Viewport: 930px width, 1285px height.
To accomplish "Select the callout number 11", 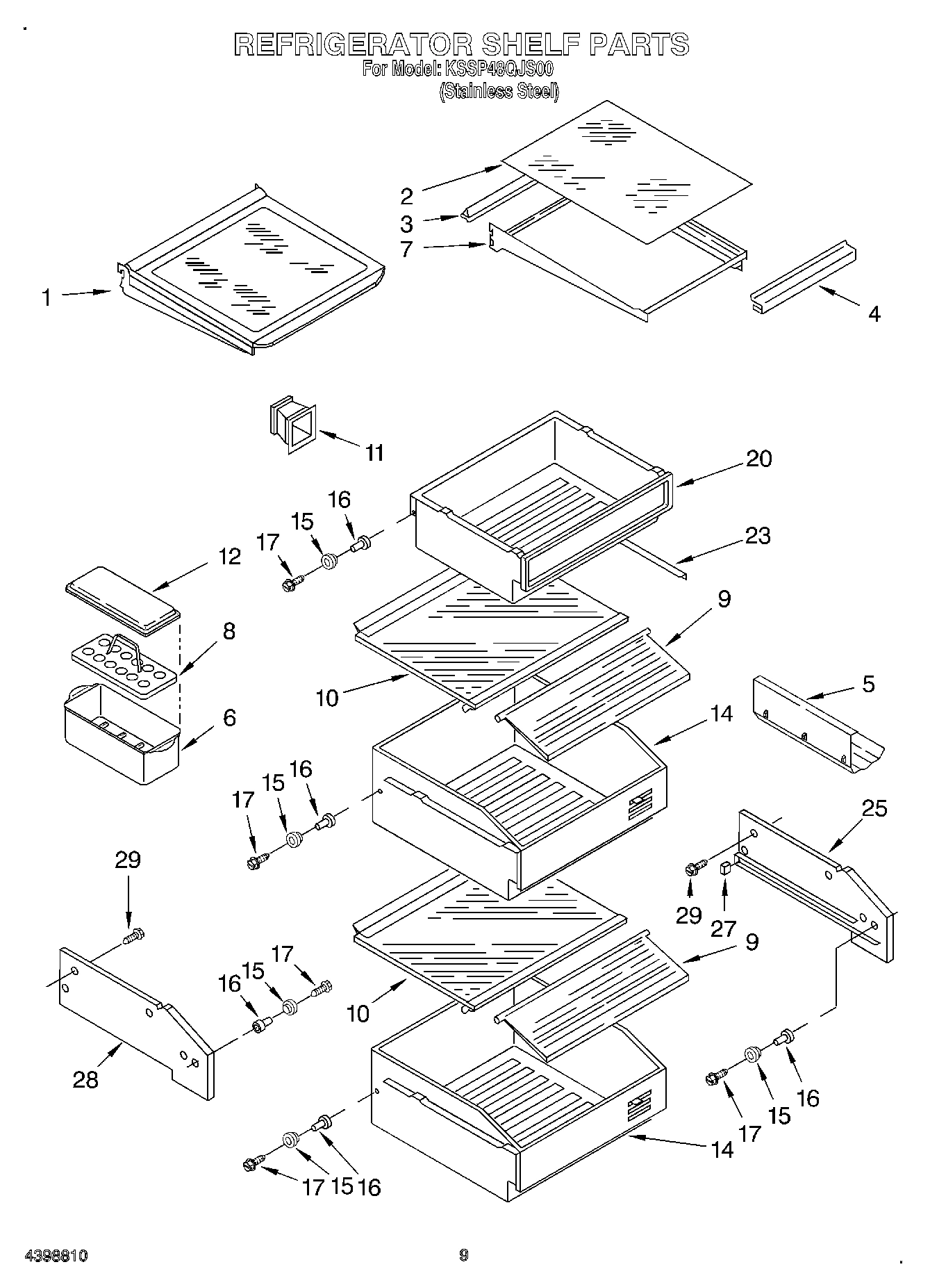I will click(x=374, y=453).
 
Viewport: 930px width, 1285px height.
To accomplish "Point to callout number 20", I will click(x=758, y=459).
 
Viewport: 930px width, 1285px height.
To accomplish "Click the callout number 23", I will click(x=757, y=536).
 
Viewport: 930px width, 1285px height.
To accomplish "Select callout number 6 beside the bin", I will click(x=229, y=717).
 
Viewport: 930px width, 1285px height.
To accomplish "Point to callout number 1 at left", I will click(x=46, y=298).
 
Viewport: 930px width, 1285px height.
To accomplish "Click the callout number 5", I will click(x=867, y=684).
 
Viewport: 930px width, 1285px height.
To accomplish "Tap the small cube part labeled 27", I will click(x=725, y=867).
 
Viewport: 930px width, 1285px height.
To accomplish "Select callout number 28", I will click(x=85, y=1079).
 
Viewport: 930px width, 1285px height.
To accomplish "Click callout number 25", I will click(x=874, y=809).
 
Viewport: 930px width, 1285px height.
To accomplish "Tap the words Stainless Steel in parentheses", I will click(x=498, y=91).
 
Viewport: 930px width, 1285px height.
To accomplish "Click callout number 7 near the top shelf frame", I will click(x=407, y=249).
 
